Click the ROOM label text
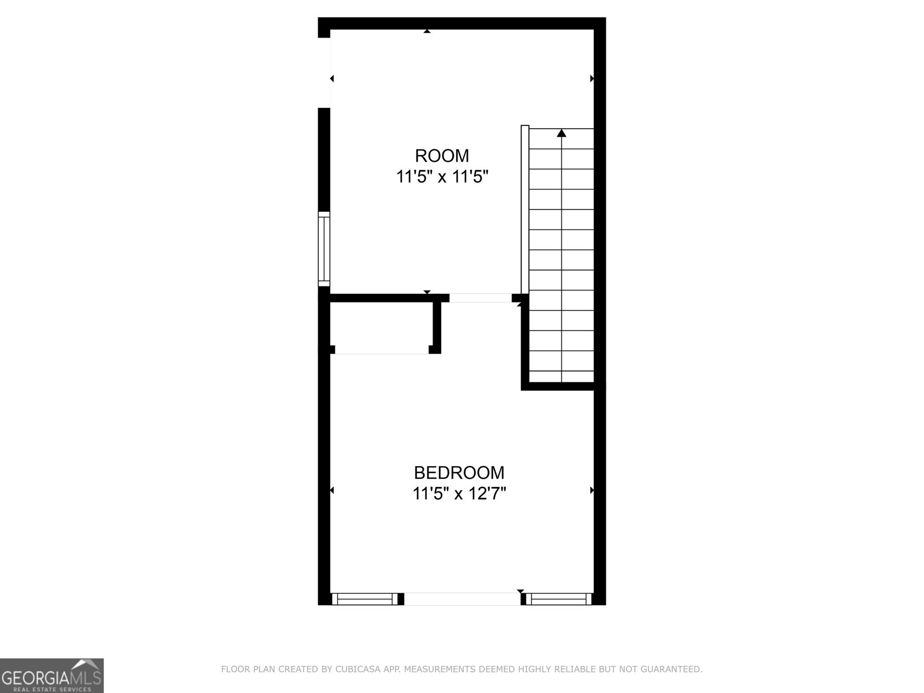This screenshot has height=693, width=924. pos(442,156)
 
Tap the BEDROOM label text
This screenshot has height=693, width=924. pos(459,473)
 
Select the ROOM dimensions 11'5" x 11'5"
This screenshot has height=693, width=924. pos(442,177)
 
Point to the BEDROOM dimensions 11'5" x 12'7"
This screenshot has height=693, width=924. pos(459,494)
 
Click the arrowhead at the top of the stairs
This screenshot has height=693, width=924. pos(561,134)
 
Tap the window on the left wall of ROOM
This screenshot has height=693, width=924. pos(325,249)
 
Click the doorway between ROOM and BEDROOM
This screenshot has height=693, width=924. pos(480,298)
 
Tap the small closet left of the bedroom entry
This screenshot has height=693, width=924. pos(381,326)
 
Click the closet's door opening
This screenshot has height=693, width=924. pos(382,352)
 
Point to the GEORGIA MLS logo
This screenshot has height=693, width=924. pos(51,675)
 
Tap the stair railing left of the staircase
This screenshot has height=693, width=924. pos(525,211)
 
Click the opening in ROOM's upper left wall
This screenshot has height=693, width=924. pos(325,72)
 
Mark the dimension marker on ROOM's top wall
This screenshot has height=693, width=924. pos(427,31)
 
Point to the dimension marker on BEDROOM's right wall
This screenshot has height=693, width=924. pos(592,490)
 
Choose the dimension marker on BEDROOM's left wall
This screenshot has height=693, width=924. pos(332,490)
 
